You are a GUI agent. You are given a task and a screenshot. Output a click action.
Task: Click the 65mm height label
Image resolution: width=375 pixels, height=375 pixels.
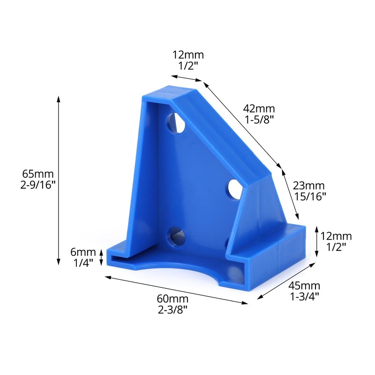click(38, 174)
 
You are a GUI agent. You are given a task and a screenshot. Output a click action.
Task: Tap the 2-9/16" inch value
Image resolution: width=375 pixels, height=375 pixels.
click(38, 185)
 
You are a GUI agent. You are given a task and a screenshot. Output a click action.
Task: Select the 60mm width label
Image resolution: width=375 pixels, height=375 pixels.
click(172, 299)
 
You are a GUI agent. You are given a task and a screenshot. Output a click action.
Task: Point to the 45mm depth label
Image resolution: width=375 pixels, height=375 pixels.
click(304, 285)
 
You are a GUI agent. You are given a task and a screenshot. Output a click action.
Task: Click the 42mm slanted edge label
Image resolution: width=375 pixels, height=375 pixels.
click(259, 109)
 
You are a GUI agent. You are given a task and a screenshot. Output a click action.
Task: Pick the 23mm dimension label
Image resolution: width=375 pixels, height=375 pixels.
click(309, 186)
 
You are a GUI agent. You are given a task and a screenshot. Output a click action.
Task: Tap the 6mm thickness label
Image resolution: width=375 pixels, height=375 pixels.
click(83, 252)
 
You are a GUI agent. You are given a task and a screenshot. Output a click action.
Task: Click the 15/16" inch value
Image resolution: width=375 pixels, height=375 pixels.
click(310, 196)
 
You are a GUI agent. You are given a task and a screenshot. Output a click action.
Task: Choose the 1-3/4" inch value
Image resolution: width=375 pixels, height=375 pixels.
click(305, 297)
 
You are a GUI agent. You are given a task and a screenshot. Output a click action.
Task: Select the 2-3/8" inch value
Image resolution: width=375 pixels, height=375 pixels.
click(172, 310)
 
